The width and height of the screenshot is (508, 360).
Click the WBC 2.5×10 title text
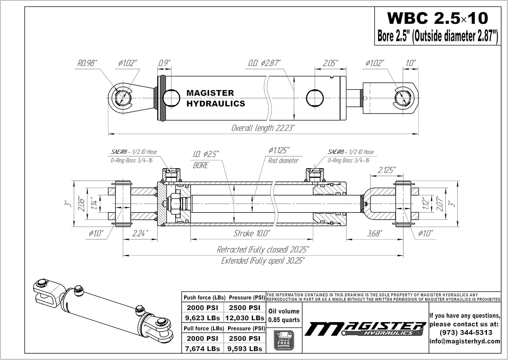[438, 18]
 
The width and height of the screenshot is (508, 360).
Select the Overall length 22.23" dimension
[263, 128]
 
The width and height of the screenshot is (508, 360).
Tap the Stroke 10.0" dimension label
[252, 234]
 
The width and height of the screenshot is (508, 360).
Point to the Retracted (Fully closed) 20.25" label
[263, 250]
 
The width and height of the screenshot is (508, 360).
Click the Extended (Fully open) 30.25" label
[263, 261]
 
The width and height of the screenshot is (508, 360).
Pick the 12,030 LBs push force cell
[245, 318]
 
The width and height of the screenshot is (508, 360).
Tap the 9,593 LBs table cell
[245, 348]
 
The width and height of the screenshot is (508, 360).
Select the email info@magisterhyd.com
[465, 341]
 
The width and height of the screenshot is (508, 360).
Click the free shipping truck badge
[283, 340]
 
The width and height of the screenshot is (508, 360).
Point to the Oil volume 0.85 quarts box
[284, 315]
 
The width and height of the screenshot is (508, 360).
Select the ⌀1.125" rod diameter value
[279, 150]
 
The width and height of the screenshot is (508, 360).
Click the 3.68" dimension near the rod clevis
[374, 234]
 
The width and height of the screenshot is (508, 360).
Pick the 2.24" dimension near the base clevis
[140, 234]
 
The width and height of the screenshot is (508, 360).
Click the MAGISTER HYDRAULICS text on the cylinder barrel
[215, 98]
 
